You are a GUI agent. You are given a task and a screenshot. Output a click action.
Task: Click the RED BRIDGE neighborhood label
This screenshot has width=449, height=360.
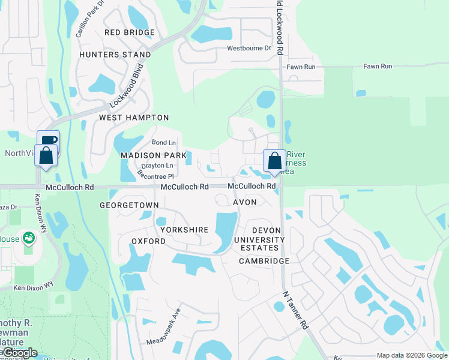coord(130,32)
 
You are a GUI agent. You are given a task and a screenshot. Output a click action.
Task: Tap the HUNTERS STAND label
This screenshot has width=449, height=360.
coord(115,55)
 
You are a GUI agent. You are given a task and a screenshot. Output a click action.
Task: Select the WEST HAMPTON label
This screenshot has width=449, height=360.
coord(134,118)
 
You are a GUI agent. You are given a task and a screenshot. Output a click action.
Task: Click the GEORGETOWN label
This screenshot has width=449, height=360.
coord(129,205)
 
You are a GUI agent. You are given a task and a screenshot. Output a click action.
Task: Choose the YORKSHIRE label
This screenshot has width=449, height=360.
coord(184,230)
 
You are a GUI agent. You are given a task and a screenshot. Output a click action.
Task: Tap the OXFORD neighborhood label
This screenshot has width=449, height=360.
coord(148,241)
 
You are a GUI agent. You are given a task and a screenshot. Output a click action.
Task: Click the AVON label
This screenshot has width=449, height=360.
coord(245,202)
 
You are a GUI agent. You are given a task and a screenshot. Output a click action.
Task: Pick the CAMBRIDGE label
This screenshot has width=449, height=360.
coord(264,261)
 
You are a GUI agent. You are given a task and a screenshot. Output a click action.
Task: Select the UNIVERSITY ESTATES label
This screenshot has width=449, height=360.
coord(256,244)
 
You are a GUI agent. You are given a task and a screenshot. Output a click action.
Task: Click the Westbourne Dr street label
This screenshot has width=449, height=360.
coord(249,48)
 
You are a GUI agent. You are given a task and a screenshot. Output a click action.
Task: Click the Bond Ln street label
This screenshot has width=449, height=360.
coord(164,143)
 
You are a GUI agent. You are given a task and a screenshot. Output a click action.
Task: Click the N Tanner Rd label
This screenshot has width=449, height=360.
coord(297,311)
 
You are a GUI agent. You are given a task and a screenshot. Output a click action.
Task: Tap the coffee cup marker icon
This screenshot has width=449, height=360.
coord(48,141)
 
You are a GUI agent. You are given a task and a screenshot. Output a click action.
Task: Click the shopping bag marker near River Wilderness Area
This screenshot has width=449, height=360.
coord(274,160)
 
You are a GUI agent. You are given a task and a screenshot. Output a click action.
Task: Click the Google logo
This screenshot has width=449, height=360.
coord(19,353)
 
